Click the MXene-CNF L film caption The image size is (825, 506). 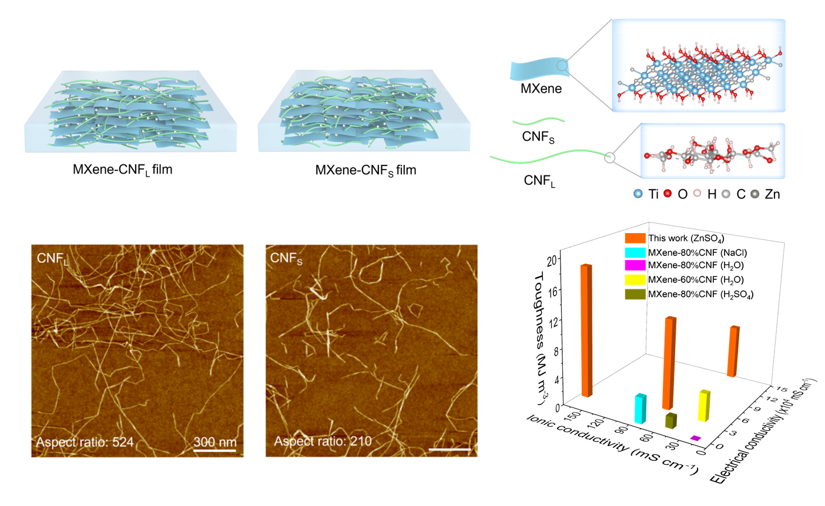(x=122, y=170)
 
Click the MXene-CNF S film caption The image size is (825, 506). (x=365, y=170)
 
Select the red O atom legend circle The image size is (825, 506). (x=668, y=194)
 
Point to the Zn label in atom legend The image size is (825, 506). (x=772, y=194)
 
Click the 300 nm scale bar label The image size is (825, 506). (x=215, y=441)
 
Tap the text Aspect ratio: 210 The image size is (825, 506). (x=323, y=441)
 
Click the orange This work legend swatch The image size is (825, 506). (x=635, y=238)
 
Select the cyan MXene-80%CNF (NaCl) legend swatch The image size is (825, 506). (x=635, y=252)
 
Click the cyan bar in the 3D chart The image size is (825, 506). (x=640, y=409)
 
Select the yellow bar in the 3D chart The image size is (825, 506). (x=704, y=406)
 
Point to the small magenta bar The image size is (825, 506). (x=696, y=438)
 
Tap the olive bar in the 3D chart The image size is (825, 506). (x=670, y=420)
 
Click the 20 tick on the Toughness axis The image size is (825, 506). (x=551, y=259)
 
